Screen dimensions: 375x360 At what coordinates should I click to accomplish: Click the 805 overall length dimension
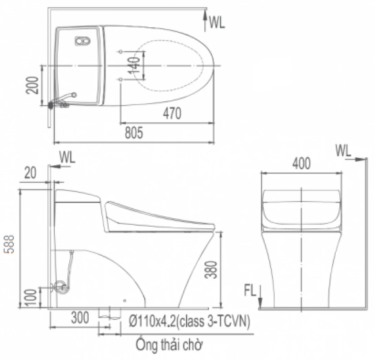point(134,133)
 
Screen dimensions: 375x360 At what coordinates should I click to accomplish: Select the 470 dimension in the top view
point(172,113)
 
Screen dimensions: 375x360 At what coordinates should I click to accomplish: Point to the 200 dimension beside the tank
point(32,85)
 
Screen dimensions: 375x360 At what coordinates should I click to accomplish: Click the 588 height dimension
point(10,244)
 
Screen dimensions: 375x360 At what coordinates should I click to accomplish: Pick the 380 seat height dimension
point(211,270)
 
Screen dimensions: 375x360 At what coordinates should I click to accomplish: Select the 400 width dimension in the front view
point(301,163)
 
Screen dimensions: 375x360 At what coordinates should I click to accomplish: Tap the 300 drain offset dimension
point(80,318)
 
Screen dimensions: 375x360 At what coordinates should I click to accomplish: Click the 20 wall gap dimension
point(30,173)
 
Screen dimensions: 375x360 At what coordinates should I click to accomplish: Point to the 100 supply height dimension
point(31,298)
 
